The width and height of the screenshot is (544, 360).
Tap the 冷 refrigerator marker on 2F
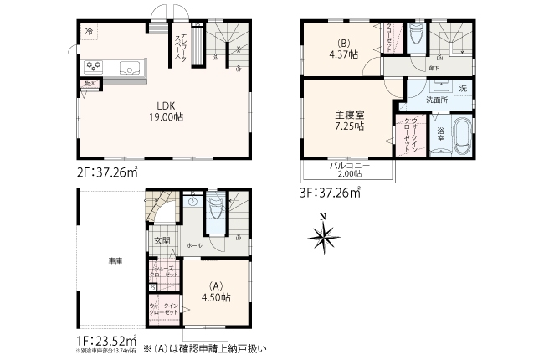point(89,31)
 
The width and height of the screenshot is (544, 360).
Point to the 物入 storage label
point(88,84)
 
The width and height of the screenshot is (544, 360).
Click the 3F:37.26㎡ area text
point(331,192)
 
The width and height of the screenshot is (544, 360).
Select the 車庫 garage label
point(114,262)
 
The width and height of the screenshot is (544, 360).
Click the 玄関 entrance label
point(162,241)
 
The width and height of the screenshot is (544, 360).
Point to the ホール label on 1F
point(194,246)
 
